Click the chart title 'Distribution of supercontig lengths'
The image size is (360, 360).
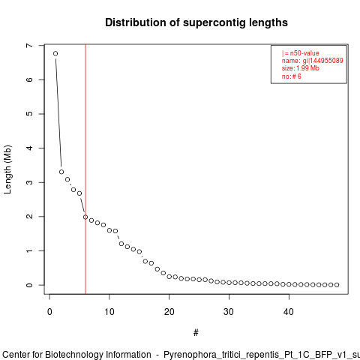pyautogui.click(x=196, y=22)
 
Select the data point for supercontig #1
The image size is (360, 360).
pyautogui.click(x=55, y=53)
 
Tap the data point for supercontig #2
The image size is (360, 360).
pyautogui.click(x=61, y=172)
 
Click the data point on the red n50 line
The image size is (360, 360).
pyautogui.click(x=85, y=217)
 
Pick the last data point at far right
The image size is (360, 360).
pyautogui.click(x=337, y=285)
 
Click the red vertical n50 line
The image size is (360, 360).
pyautogui.click(x=85, y=169)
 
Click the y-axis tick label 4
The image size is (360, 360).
pyautogui.click(x=29, y=148)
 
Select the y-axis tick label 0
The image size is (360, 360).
pyautogui.click(x=29, y=285)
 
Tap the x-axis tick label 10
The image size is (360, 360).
pyautogui.click(x=109, y=312)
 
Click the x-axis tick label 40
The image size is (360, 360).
pyautogui.click(x=289, y=312)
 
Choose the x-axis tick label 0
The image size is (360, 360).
pyautogui.click(x=49, y=312)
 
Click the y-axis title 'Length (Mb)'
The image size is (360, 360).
pyautogui.click(x=7, y=169)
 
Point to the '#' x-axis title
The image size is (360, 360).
pyautogui.click(x=196, y=333)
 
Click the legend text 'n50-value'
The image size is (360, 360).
pyautogui.click(x=304, y=53)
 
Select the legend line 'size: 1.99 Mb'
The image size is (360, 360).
pyautogui.click(x=301, y=68)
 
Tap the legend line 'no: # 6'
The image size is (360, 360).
pyautogui.click(x=292, y=76)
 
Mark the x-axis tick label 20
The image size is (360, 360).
pyautogui.click(x=169, y=312)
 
